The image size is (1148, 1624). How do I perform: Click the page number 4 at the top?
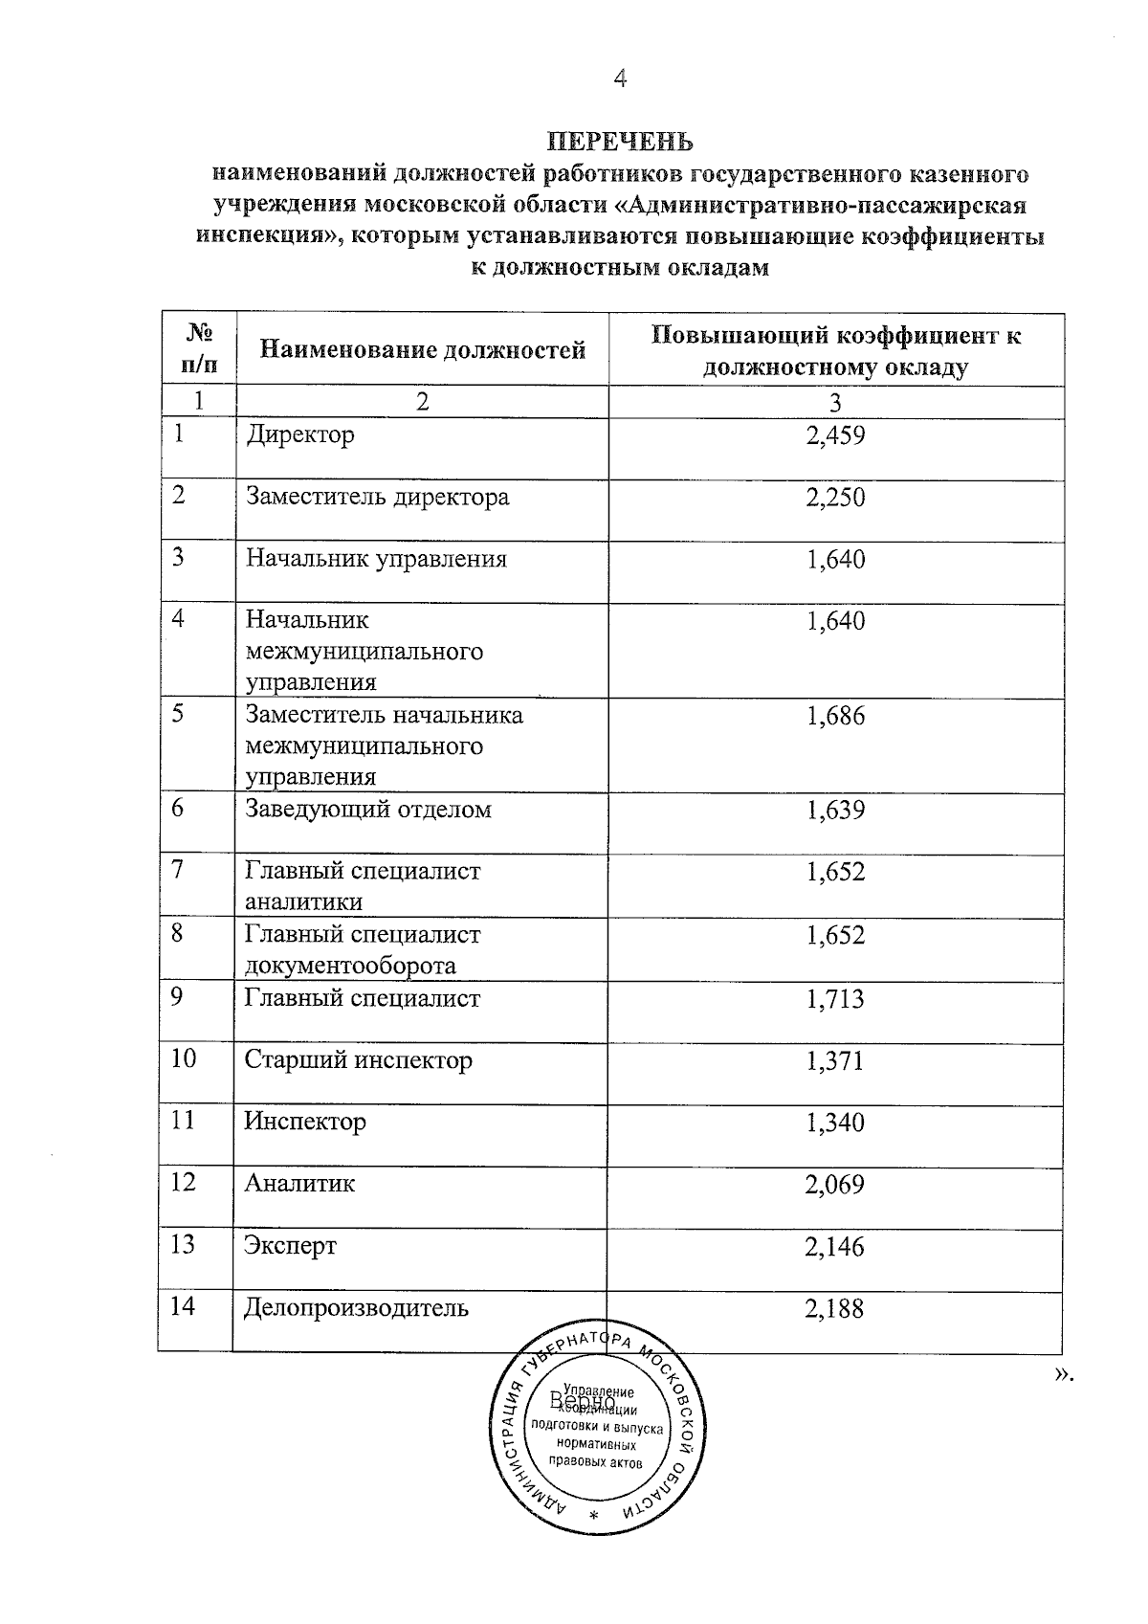click(x=620, y=79)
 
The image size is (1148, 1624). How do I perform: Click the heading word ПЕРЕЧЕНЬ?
click(x=620, y=143)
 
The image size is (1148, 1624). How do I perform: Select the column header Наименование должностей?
click(x=422, y=350)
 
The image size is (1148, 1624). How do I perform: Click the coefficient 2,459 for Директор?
click(x=835, y=436)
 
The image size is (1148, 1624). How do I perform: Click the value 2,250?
click(x=835, y=498)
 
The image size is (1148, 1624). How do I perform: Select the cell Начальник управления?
click(x=376, y=559)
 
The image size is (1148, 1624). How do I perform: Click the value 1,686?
click(x=835, y=716)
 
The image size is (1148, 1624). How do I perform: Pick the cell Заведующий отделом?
click(x=368, y=810)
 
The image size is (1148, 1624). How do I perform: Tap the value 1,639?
click(x=835, y=811)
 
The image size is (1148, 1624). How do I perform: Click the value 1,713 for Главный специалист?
click(x=835, y=999)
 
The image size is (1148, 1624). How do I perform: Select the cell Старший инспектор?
click(x=358, y=1060)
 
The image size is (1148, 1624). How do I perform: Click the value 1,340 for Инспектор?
click(x=835, y=1123)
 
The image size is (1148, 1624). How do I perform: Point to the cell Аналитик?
click(x=299, y=1184)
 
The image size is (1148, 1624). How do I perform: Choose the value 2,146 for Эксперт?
click(x=835, y=1246)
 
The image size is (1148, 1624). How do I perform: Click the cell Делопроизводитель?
click(x=356, y=1307)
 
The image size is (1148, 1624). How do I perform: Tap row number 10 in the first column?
click(x=184, y=1058)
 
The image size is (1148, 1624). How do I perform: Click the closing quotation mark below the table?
click(x=1062, y=1375)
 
